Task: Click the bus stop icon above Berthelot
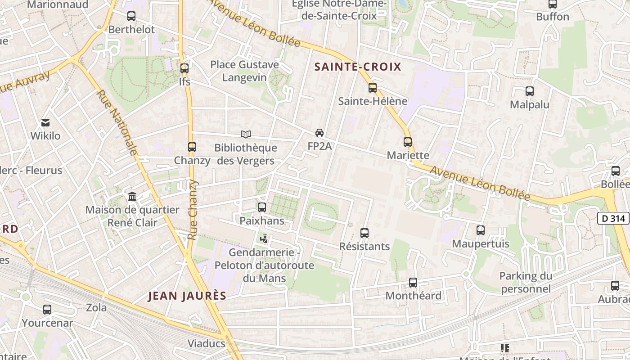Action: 131,16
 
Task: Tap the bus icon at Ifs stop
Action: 184,68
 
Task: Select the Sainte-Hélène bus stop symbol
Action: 373,88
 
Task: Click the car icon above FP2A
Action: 319,133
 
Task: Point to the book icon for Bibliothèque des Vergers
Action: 245,134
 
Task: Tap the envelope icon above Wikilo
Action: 45,122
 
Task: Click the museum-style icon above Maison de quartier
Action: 132,197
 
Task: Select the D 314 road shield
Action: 613,219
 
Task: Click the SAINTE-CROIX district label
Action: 357,67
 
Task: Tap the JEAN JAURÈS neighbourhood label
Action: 187,296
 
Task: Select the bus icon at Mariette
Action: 408,142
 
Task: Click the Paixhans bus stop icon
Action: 262,207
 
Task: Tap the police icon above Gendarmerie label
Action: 265,239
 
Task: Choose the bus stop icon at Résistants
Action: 364,233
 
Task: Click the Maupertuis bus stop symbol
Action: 481,230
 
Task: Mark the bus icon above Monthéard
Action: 413,283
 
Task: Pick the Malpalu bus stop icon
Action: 530,91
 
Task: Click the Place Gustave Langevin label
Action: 245,71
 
